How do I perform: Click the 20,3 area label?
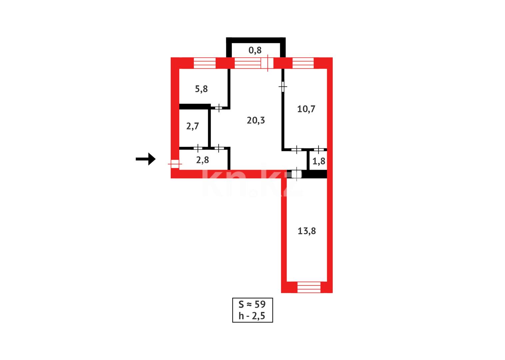256,120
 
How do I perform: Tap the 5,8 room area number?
201,89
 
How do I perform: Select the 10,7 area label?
306,109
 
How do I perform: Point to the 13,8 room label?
306,231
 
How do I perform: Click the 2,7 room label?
193,126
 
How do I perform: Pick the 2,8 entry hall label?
203,160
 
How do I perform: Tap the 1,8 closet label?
319,161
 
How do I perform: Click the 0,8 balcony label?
255,50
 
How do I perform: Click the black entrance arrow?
146,159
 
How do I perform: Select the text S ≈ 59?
252,304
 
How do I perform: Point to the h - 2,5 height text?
252,316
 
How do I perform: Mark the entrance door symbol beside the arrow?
175,164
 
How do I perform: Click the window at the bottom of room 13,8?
308,287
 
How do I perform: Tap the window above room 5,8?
205,63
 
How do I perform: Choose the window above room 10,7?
303,63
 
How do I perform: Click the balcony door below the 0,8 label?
267,63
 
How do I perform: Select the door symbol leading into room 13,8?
296,174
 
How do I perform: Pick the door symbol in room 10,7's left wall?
283,87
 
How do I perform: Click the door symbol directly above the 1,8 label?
318,149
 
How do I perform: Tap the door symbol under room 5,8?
219,107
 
